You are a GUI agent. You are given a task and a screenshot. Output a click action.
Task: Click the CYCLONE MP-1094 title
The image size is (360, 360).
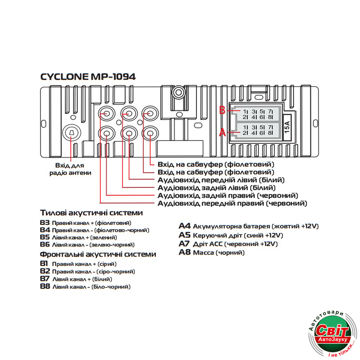88,77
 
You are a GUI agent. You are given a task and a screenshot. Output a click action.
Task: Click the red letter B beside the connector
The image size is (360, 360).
222,110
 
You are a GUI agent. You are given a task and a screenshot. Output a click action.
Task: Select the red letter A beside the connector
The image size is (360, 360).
222,132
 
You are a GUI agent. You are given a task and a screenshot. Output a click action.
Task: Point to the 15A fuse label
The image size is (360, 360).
288,127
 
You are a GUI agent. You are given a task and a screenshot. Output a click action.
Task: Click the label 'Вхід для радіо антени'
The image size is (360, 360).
71,169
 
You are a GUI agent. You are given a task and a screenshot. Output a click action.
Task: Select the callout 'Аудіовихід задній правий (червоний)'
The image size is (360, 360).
228,195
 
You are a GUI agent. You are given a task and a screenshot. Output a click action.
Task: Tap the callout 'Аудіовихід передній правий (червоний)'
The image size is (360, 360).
233,204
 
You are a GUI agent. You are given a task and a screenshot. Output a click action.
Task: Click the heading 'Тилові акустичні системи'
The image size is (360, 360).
91,213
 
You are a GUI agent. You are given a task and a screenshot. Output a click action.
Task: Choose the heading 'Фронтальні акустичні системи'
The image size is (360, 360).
98,255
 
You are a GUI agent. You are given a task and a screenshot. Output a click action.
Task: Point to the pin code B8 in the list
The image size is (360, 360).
45,287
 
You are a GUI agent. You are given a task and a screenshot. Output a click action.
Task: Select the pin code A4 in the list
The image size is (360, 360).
184,226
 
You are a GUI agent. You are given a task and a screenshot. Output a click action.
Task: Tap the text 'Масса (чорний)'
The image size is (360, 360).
219,253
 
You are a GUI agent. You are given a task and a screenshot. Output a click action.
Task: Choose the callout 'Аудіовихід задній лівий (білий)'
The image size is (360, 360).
217,188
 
